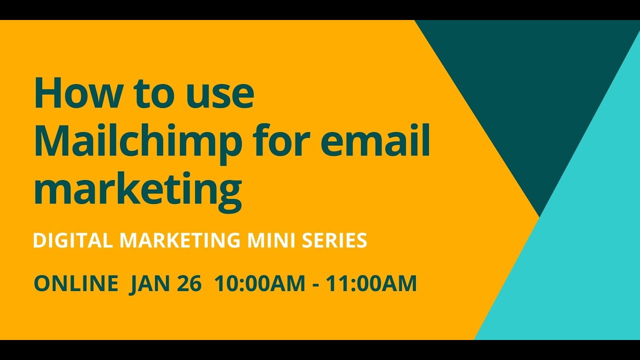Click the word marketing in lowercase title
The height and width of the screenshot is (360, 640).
[137, 190]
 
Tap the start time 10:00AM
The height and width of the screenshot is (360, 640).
[259, 283]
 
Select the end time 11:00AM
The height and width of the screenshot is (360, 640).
[371, 283]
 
